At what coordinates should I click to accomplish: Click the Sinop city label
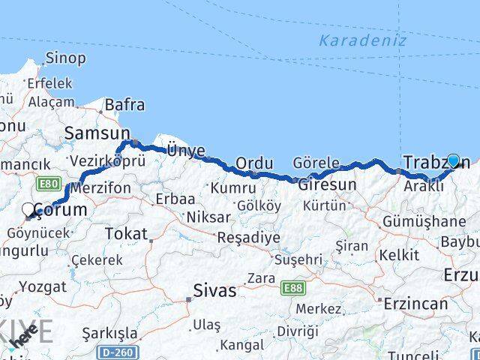[x=65, y=58]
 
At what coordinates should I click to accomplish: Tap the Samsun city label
[x=97, y=133]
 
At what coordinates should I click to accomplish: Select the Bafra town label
[x=124, y=106]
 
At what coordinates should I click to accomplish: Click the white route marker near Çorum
[x=28, y=210]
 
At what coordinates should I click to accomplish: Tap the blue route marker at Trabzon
[x=453, y=160]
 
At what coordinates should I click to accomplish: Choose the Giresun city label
[x=328, y=184]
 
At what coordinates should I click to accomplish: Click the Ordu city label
[x=253, y=163]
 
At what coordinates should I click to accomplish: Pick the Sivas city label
[x=215, y=290]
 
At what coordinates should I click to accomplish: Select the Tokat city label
[x=126, y=234]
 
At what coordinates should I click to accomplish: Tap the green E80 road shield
[x=47, y=183]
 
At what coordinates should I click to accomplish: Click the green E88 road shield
[x=291, y=288]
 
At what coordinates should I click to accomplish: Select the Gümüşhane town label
[x=424, y=221]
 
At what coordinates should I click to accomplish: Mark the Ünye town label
[x=185, y=151]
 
